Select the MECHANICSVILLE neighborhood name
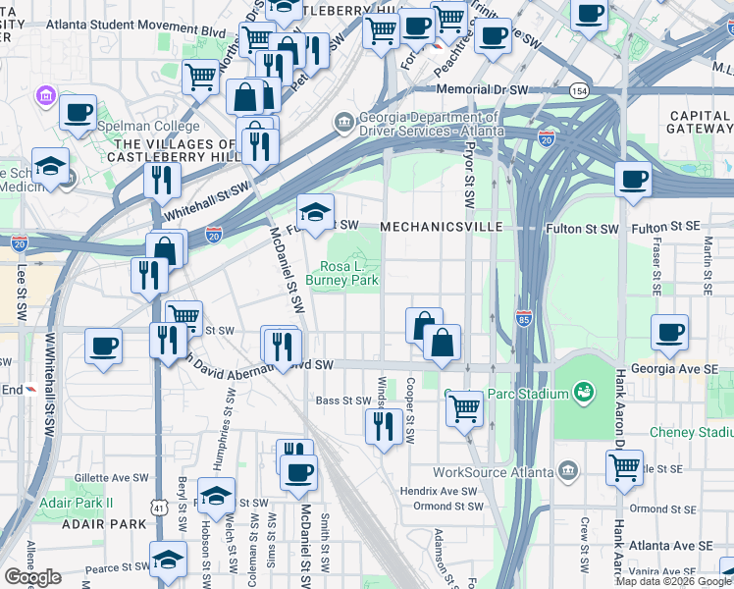[441, 227]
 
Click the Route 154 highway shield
[580, 91]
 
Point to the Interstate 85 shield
[524, 318]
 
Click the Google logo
[33, 577]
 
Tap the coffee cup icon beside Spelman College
[78, 112]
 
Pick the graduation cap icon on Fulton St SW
[315, 212]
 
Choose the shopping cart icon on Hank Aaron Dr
[624, 469]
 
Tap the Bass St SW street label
[342, 401]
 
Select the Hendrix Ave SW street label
[445, 491]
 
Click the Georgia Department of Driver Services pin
[344, 123]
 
